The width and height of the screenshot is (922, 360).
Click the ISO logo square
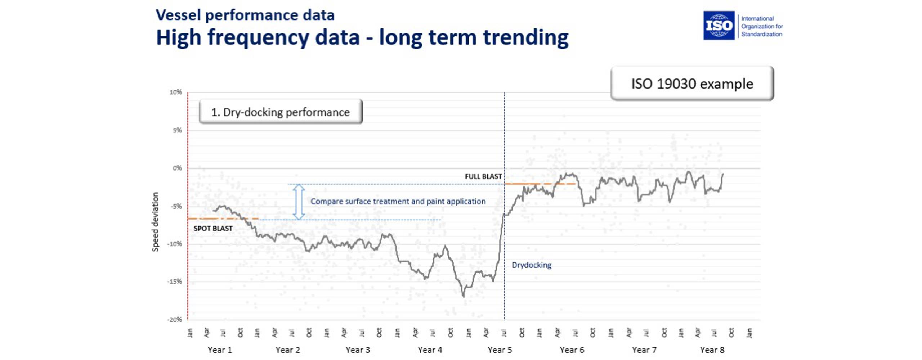[x=719, y=25]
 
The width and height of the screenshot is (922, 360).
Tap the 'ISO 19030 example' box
[x=692, y=84]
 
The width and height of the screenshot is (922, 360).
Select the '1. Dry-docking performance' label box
[x=281, y=112]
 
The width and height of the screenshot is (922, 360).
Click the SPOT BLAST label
[x=213, y=229]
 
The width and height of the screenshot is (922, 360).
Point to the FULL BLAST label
[x=483, y=176]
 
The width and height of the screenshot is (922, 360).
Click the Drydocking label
[x=531, y=265]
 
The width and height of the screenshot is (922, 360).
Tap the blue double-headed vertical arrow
[x=299, y=202]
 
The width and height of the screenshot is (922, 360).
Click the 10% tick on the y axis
[x=176, y=93]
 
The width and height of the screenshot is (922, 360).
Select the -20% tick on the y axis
[x=175, y=320]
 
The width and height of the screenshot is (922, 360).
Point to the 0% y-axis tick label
[x=177, y=168]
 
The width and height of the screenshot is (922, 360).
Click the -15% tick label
[x=175, y=282]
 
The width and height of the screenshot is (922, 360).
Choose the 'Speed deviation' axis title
[x=155, y=222]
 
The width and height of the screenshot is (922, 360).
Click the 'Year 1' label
[x=220, y=350]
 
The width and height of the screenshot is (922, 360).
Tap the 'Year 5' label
[x=500, y=350]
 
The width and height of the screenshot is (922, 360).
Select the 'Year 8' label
[x=712, y=350]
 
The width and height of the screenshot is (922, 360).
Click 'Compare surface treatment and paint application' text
[x=398, y=201]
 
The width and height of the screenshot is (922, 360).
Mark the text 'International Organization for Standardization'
[x=762, y=26]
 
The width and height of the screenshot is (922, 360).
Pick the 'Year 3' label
[x=358, y=350]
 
